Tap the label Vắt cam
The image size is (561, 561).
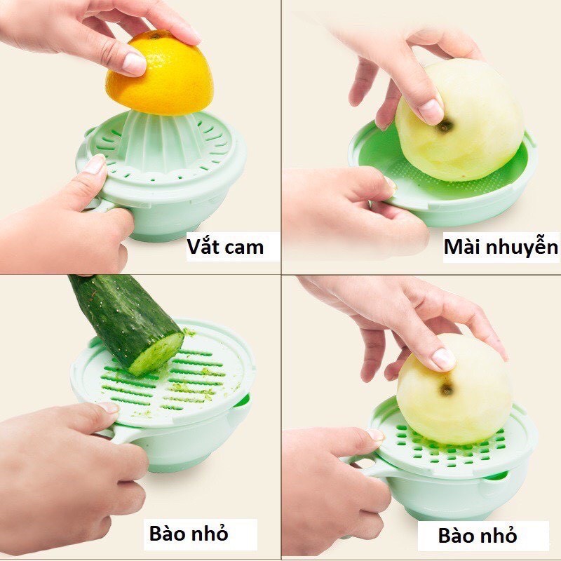[225, 247]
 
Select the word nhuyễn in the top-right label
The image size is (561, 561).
[521, 248]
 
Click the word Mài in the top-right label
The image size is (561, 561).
[463, 248]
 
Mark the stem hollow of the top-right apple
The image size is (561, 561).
[445, 127]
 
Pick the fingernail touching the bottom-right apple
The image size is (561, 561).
[442, 359]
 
